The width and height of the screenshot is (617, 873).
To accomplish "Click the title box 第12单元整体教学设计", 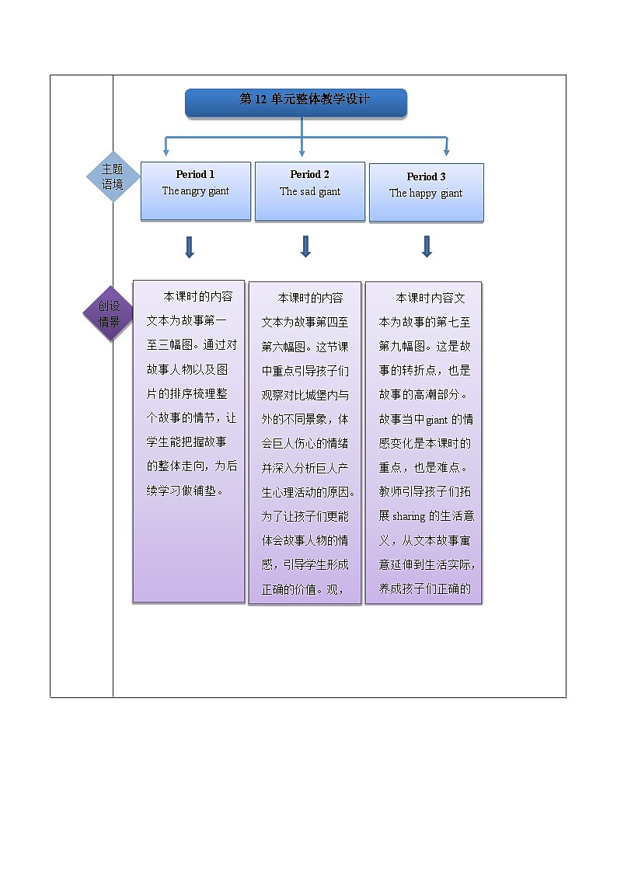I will coord(296,102).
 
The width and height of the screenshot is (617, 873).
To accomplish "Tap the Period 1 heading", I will coord(195,175).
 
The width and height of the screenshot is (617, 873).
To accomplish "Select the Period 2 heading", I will coord(310,175).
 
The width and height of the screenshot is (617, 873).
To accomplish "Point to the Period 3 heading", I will coord(426,177).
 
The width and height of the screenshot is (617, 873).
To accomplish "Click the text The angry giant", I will coord(195,191).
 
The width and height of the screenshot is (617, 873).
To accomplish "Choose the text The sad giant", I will coord(310,192).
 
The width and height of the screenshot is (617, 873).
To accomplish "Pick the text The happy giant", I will coord(426,194).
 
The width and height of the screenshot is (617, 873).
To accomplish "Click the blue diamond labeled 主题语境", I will coord(113,177).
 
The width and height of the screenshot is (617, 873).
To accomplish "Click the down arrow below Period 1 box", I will coord(189,246).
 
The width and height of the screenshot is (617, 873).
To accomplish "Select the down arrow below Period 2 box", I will coord(305,246).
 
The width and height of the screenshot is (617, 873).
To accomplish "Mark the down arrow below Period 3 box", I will coord(427,246).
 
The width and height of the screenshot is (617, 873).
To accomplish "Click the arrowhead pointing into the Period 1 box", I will coord(166,152).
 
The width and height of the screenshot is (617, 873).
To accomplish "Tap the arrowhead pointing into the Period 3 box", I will coord(446,152).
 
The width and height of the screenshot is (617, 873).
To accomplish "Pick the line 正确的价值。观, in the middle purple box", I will coord(303,588).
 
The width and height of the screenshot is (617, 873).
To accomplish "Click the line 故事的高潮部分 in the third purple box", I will coord(427,395).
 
